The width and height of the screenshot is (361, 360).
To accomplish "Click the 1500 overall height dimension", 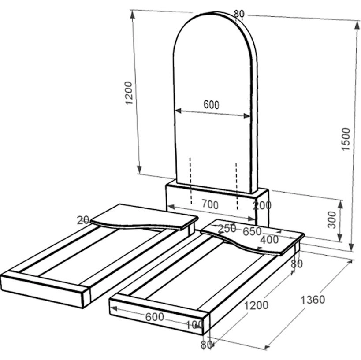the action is tap(346, 139).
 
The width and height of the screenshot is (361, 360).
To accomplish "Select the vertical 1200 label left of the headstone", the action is tap(129, 93).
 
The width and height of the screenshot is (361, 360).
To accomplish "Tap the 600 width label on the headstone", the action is tap(211, 105).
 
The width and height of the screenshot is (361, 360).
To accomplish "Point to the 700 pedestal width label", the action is tap(210, 204).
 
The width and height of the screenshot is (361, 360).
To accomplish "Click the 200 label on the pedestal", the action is tap(262, 205).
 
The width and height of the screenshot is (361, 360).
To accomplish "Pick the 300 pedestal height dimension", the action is tap(332, 220).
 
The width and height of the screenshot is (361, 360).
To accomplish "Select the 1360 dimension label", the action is tap(313, 300).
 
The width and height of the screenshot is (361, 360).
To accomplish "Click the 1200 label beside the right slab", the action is tap(256, 305).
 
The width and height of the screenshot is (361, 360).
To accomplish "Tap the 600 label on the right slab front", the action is tap(154, 317).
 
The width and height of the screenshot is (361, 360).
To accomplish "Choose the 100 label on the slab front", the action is tap(194, 325).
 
